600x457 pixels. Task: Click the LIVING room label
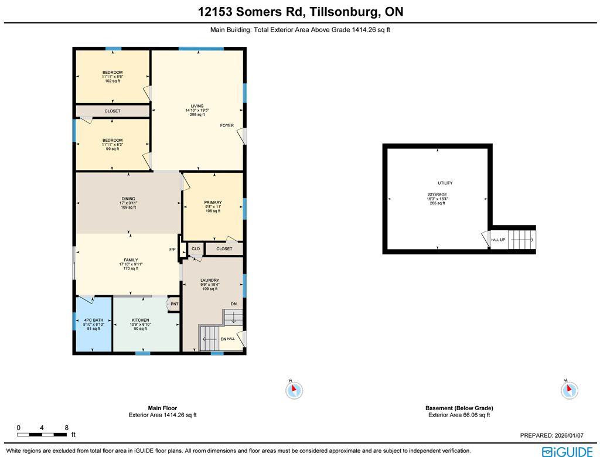pyautogui.click(x=197, y=106)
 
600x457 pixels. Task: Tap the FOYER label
pyautogui.click(x=227, y=125)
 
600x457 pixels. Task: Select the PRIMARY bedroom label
pyautogui.click(x=213, y=203)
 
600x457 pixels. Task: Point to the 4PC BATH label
pyautogui.click(x=94, y=320)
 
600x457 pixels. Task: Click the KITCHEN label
pyautogui.click(x=141, y=320)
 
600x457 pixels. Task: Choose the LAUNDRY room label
pyautogui.click(x=210, y=280)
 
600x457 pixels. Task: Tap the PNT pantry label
pyautogui.click(x=175, y=304)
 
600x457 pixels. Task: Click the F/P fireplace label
pyautogui.click(x=173, y=250)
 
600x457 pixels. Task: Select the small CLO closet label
pyautogui.click(x=196, y=249)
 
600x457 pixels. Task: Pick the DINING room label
pyautogui.click(x=128, y=199)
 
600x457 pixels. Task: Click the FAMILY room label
pyautogui.click(x=131, y=260)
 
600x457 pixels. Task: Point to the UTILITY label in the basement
pyautogui.click(x=445, y=183)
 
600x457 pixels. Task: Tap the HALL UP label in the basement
pyautogui.click(x=498, y=240)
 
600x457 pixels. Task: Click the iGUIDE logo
pyautogui.click(x=567, y=452)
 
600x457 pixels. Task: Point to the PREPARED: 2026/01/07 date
pyautogui.click(x=552, y=435)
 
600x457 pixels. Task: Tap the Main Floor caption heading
pyautogui.click(x=163, y=408)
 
